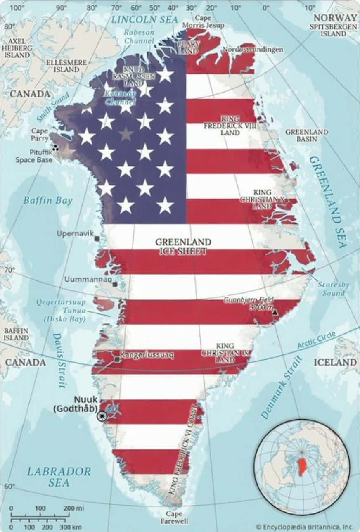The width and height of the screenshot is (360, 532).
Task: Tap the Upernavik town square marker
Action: [97, 238]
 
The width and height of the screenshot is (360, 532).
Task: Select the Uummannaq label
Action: [88, 280]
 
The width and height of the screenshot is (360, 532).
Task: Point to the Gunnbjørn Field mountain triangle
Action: [275, 312]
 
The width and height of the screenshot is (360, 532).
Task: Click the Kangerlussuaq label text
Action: [147, 354]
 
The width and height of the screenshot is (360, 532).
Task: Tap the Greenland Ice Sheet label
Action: [183, 246]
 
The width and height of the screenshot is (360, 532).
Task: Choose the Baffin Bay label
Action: [47, 201]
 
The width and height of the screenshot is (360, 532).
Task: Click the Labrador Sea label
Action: [59, 477]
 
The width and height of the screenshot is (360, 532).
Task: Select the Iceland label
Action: [335, 362]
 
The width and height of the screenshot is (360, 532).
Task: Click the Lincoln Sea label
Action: [144, 19]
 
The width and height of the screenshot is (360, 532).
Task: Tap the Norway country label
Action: [335, 17]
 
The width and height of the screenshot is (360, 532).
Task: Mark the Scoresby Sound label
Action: [334, 289]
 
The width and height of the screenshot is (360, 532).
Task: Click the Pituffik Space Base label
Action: [34, 156]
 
